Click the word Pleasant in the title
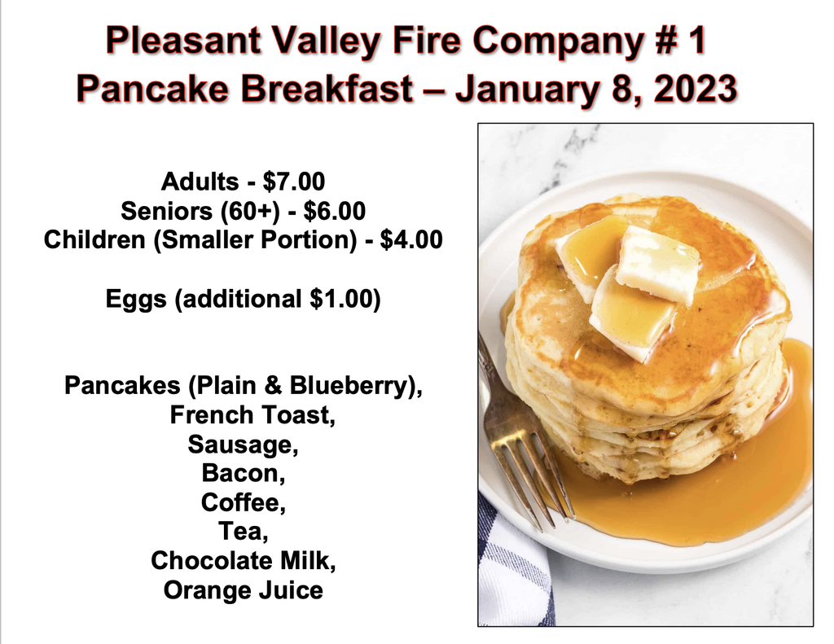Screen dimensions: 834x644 [x=184, y=41]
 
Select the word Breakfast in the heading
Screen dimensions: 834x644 [x=327, y=88]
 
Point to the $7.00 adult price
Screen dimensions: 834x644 [x=293, y=182]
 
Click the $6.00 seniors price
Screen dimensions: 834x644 [x=335, y=211]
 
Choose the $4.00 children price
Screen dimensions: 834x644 [x=411, y=240]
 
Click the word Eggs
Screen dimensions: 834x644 [x=136, y=300]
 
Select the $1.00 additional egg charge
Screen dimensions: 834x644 [x=341, y=299]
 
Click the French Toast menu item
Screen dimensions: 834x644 [x=252, y=415]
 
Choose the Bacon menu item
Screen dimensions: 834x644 [x=243, y=473]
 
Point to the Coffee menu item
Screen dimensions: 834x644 [x=243, y=502]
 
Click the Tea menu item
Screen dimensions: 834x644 [x=243, y=532]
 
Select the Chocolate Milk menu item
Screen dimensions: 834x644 [x=243, y=561]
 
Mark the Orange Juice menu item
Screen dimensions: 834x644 [x=243, y=590]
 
